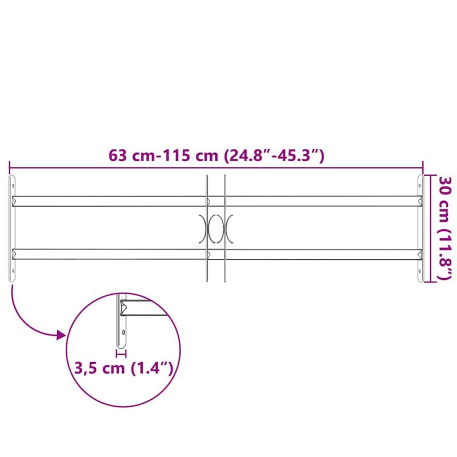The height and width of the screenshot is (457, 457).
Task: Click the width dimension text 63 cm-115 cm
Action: point(163,155)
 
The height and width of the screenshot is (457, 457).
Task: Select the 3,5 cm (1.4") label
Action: point(124,368)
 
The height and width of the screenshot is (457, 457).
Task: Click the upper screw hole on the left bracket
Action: point(13,185)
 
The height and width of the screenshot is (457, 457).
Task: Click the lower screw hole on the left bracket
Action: point(13,271)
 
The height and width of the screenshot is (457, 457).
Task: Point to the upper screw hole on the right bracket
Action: point(419,185)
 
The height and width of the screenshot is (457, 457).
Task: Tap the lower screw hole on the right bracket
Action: point(419,271)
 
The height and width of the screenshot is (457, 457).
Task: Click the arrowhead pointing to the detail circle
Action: point(61,335)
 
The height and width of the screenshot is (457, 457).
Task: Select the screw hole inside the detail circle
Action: point(123,332)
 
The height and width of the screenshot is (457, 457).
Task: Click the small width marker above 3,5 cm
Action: point(121,354)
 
